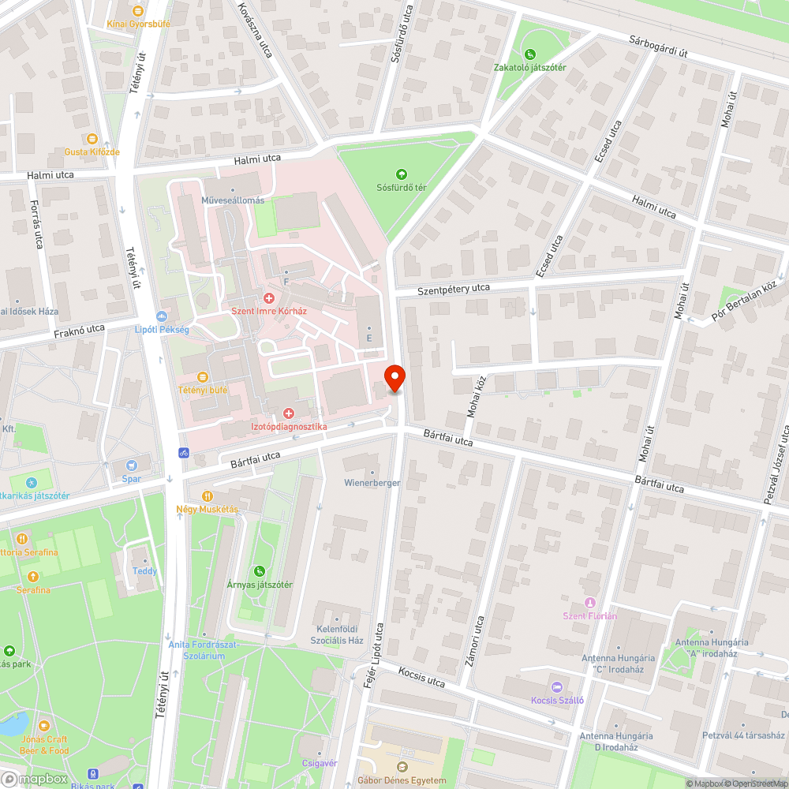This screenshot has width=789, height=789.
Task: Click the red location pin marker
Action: (394, 378)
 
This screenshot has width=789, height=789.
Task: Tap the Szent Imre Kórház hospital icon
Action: (268, 298)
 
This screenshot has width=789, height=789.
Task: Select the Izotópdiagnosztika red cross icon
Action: (288, 413)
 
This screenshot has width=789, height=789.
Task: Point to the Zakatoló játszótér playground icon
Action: (530, 54)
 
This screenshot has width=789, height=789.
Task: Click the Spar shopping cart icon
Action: (131, 466)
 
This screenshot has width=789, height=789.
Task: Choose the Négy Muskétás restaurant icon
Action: (207, 496)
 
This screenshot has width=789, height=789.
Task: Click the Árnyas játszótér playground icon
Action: (259, 571)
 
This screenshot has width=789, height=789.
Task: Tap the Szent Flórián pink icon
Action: (589, 603)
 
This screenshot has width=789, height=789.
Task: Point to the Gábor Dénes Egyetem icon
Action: (402, 767)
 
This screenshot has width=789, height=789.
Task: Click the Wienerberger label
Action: (372, 482)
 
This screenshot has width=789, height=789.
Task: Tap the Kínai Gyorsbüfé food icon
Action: (138, 11)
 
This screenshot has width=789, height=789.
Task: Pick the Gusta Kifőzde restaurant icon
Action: (92, 138)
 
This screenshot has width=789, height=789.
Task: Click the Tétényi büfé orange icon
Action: (203, 376)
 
